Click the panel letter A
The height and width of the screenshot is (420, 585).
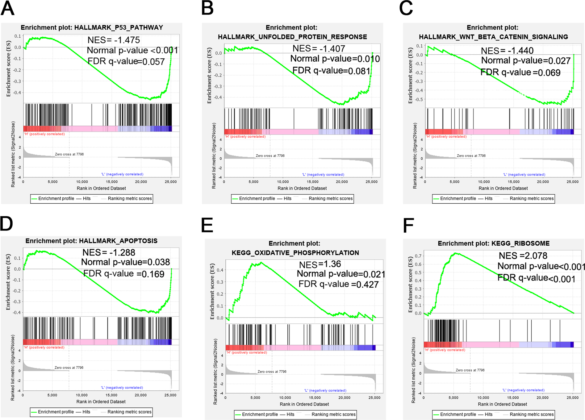click(7, 8)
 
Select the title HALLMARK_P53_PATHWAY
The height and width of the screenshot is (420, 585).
click(119, 27)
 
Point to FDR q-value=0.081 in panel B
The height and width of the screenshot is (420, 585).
click(331, 71)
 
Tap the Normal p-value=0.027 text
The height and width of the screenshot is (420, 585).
click(525, 60)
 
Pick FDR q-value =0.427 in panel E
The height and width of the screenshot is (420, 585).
click(338, 284)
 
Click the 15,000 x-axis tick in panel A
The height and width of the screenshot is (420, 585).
click(112, 182)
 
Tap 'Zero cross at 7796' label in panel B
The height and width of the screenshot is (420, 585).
click(270, 156)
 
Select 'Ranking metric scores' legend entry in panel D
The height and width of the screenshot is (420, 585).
click(129, 412)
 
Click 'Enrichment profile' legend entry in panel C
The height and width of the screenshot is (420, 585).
click(458, 198)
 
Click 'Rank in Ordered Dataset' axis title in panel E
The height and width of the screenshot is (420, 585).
click(304, 404)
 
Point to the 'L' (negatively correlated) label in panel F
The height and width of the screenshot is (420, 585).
click(523, 390)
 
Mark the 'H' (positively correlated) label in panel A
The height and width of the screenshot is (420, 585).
click(44, 134)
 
